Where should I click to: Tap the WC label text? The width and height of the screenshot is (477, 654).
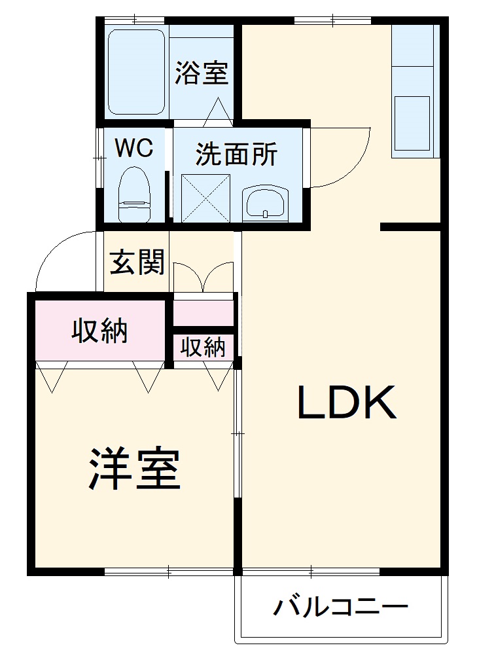[134, 148]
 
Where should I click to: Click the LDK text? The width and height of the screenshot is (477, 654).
[347, 403]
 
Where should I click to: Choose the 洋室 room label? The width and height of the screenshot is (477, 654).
[134, 469]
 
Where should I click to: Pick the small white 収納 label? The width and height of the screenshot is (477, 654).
[203, 347]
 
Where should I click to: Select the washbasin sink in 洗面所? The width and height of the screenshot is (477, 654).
[264, 202]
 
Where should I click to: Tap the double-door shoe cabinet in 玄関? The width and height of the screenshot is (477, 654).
[203, 278]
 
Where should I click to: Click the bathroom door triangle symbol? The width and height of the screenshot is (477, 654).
[219, 113]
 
